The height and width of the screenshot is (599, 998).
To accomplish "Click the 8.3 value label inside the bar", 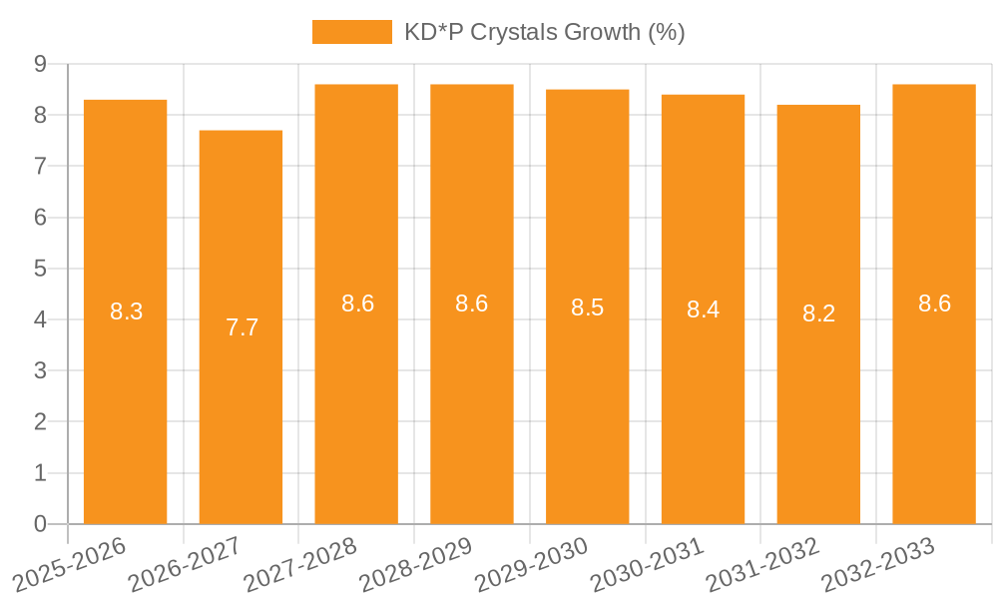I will coord(126,311).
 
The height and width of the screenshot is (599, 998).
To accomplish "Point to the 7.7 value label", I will coord(242,327).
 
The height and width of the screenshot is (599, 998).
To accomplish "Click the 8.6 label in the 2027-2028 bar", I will coord(357,304).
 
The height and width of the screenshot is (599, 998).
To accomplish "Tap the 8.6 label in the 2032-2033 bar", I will coord(934,304).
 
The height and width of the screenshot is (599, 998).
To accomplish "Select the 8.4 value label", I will coord(703,309).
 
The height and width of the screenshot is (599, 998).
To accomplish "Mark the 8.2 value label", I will coord(818,314).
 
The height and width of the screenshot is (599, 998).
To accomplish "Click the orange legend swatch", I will coord(351,32).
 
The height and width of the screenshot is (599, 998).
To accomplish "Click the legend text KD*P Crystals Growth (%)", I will coord(544,32).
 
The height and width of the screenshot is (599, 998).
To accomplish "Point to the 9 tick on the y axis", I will coord(40,64).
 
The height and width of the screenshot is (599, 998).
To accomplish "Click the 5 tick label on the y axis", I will coord(40,269).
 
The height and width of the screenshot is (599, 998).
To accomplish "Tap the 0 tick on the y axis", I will coord(40,524).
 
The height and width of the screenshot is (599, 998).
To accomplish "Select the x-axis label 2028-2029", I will coord(416,565).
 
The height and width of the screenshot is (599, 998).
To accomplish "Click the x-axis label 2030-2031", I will coord(648,565).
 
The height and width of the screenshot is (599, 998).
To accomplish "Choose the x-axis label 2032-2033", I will coord(878,565).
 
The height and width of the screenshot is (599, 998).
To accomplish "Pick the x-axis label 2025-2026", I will coord(70,565).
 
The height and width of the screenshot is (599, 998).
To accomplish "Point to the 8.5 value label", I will coord(587,307).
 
